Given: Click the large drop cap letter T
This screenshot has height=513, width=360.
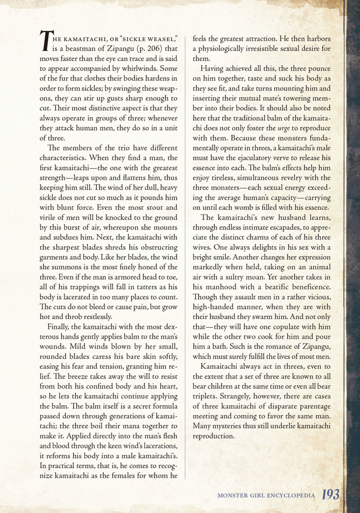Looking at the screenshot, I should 46,42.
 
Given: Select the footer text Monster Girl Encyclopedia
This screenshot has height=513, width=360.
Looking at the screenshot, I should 267,496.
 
